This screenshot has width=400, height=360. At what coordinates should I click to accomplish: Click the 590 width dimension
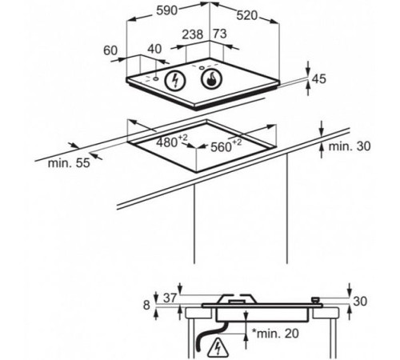(166, 10)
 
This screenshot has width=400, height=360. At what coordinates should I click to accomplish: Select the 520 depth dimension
(247, 16)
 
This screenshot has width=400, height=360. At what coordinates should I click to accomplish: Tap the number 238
(193, 34)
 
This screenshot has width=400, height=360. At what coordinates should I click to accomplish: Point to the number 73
(220, 34)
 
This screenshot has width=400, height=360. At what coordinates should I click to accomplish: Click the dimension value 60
(110, 50)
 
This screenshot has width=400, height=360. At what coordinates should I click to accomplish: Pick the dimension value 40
(154, 49)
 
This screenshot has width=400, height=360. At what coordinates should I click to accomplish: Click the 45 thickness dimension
(319, 79)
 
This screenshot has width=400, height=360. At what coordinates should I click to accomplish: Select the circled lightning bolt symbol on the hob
(175, 80)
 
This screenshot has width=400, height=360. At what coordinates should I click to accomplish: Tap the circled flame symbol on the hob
(212, 79)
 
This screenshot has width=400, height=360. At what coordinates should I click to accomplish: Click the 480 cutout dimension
(172, 141)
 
